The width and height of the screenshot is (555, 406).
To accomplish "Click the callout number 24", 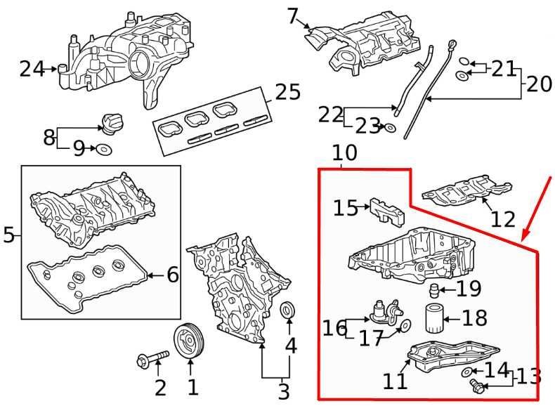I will coord(32,69).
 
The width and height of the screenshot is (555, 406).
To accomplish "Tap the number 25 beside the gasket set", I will coord(287,92).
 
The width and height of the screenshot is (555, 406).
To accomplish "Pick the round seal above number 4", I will coord(288,312).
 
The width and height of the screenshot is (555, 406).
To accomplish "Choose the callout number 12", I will coord(502,220).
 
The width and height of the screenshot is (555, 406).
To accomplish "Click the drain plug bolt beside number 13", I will coord(476,384).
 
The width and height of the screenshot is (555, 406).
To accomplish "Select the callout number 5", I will coord(9,235).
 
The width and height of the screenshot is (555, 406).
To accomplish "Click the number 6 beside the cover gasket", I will coord(173,275).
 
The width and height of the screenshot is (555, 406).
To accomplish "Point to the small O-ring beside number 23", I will coord(390,128).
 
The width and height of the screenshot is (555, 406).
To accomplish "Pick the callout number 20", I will coord(539,84).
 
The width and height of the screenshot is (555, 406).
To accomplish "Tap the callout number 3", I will coord(283,390).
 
